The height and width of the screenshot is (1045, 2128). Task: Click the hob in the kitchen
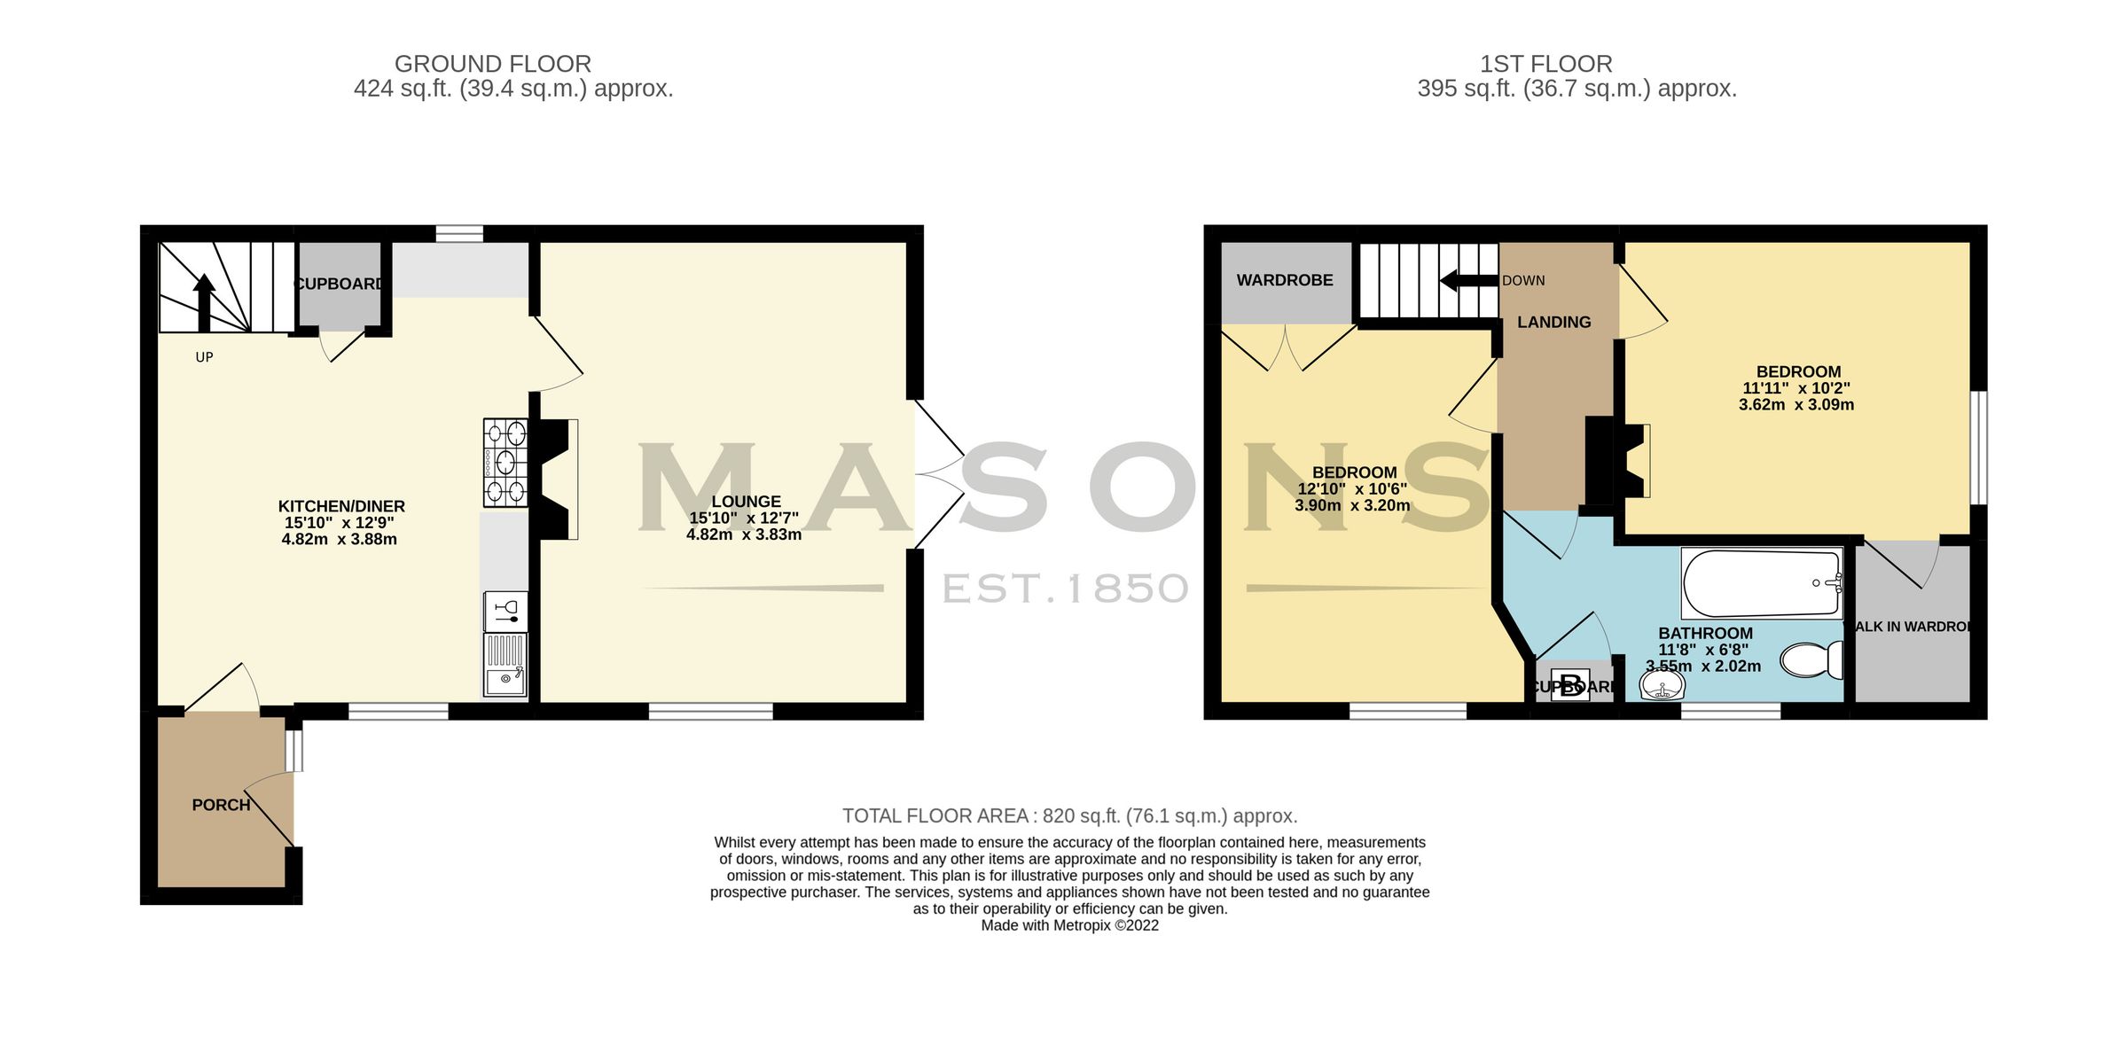click(x=505, y=462)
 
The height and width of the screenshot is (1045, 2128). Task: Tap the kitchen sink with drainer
click(x=505, y=665)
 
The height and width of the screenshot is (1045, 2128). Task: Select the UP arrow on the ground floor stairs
click(x=204, y=301)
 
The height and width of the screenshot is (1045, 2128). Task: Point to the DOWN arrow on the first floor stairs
click(x=1468, y=281)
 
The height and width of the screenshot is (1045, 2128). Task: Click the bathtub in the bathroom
click(x=1761, y=583)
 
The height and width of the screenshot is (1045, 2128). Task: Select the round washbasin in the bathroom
click(x=1662, y=685)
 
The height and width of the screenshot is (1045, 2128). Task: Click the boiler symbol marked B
click(x=1570, y=686)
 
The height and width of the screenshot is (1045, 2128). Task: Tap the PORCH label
click(x=221, y=805)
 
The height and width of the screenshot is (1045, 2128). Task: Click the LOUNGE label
click(x=746, y=502)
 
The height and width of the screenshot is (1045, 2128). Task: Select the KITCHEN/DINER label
click(x=341, y=506)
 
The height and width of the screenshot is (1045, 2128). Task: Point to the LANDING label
click(x=1553, y=323)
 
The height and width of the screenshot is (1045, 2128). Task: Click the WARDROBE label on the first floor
click(x=1284, y=280)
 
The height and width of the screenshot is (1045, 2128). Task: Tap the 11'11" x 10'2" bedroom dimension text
click(x=1795, y=388)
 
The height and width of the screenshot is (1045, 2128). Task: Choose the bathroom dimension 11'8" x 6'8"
click(x=1702, y=650)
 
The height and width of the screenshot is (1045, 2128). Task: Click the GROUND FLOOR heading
click(x=492, y=64)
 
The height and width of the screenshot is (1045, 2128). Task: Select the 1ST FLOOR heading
click(x=1545, y=64)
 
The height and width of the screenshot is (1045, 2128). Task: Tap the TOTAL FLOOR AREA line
click(x=1069, y=815)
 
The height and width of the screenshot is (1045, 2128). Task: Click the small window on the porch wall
click(x=294, y=750)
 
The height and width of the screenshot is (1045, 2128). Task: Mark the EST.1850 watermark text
click(x=1065, y=589)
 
